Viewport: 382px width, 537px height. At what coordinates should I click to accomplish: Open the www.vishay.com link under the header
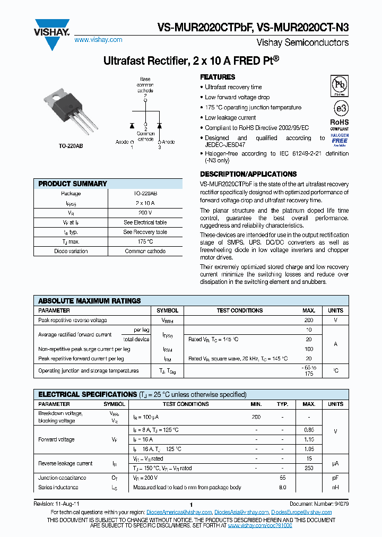(x=98, y=40)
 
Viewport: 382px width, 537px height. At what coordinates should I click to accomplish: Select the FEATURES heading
(x=218, y=77)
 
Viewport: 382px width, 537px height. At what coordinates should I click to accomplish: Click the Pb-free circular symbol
(x=340, y=85)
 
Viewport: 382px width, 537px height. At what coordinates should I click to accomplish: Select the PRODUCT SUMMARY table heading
(x=73, y=184)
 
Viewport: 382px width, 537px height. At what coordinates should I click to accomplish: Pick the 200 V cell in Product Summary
(x=145, y=213)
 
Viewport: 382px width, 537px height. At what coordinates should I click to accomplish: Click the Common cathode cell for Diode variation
(x=145, y=251)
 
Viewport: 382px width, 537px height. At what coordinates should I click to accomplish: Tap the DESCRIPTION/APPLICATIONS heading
(x=248, y=174)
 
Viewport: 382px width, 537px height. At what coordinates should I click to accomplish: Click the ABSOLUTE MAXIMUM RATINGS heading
(x=90, y=301)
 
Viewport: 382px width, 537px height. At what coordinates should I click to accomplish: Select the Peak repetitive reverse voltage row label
(x=72, y=321)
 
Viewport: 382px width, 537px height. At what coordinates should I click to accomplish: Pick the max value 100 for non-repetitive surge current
(x=308, y=349)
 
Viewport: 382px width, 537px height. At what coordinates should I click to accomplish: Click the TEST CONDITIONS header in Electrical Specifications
(x=186, y=404)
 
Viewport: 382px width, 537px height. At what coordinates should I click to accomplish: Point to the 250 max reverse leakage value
(x=308, y=468)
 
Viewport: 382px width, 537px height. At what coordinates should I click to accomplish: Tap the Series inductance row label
(x=58, y=487)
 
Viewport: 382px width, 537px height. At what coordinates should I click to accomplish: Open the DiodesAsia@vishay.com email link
(x=241, y=512)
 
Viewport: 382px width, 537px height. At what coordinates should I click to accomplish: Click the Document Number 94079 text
(x=319, y=504)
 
